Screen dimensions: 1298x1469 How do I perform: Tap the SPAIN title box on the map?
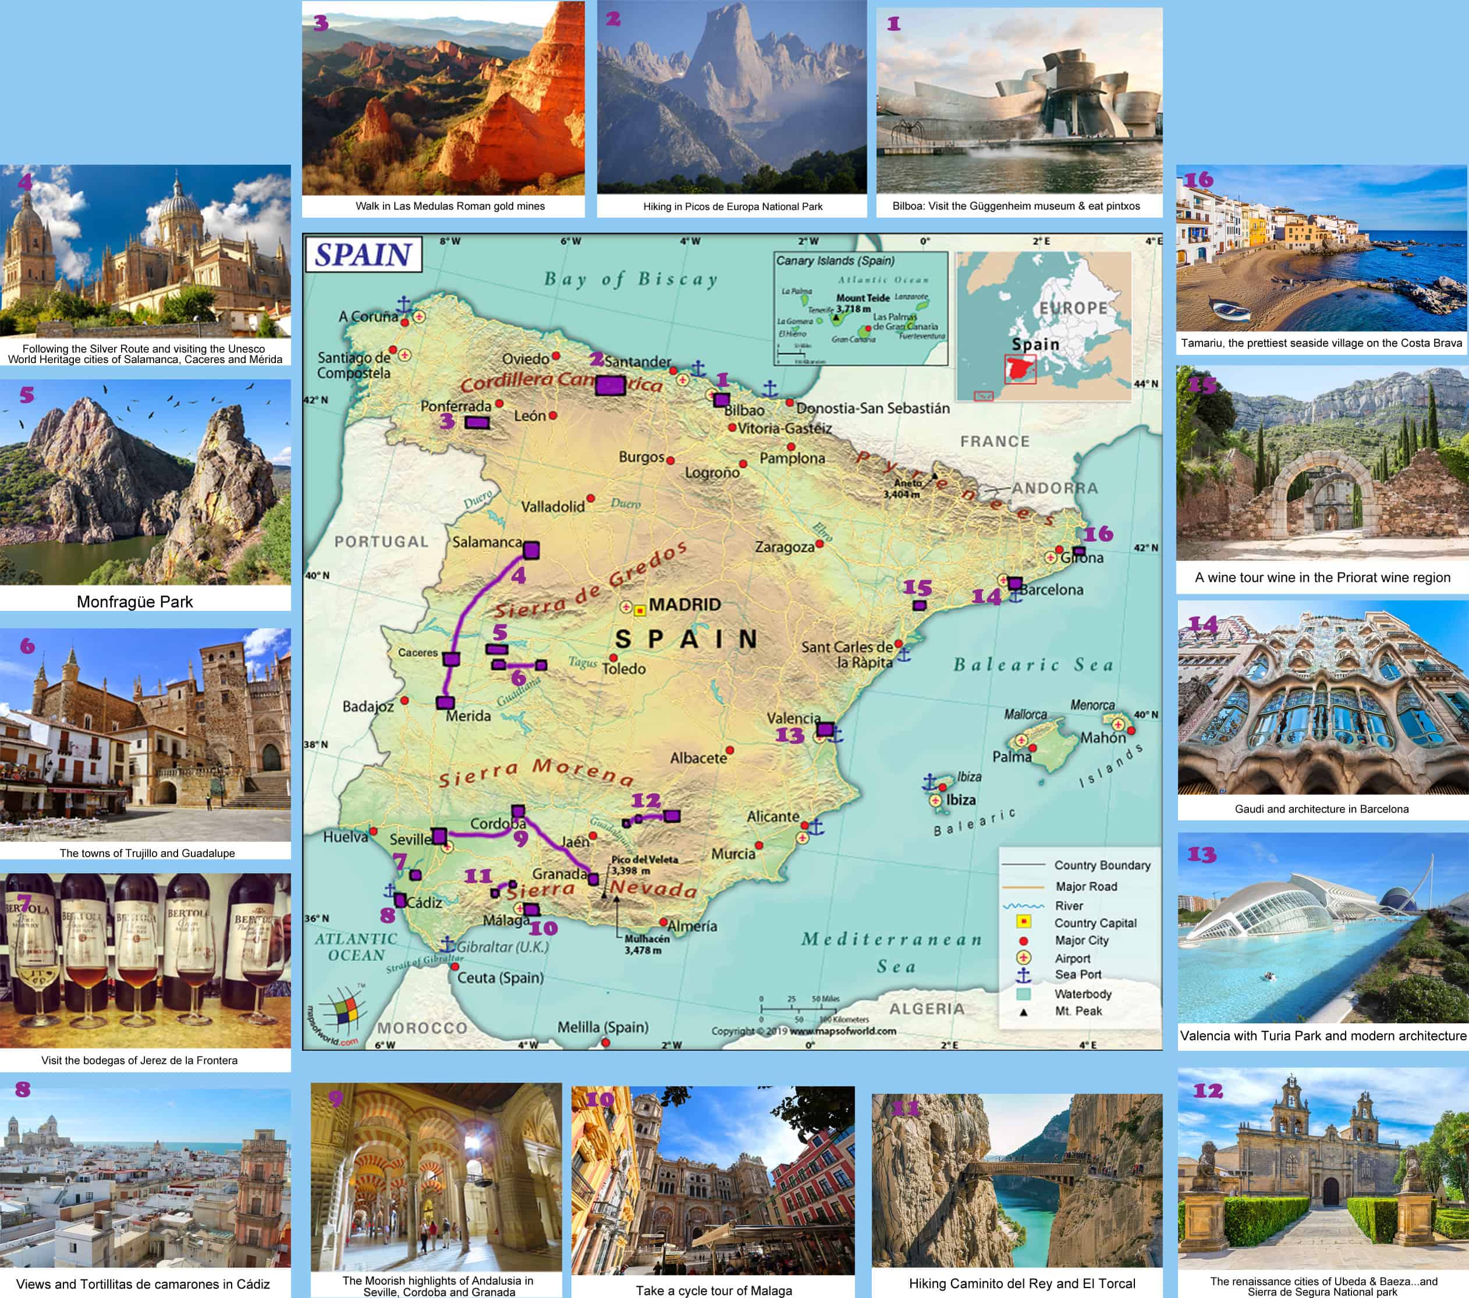[x=364, y=254]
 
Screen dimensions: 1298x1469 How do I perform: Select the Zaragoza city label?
[x=784, y=547]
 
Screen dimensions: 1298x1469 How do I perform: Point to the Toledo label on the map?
[x=623, y=668]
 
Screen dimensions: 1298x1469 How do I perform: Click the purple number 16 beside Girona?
[x=1098, y=534]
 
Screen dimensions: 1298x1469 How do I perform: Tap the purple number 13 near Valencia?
[x=789, y=735]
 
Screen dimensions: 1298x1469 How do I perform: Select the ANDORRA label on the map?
[x=1055, y=489]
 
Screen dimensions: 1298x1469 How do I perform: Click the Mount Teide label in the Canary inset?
[x=863, y=297]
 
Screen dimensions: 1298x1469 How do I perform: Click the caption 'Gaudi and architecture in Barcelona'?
[x=1321, y=809]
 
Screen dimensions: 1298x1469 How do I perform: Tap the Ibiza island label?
[x=960, y=800]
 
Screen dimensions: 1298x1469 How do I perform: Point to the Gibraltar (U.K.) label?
[x=502, y=947]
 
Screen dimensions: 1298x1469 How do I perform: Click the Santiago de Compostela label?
[x=354, y=365]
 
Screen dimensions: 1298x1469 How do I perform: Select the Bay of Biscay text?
[x=630, y=279]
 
